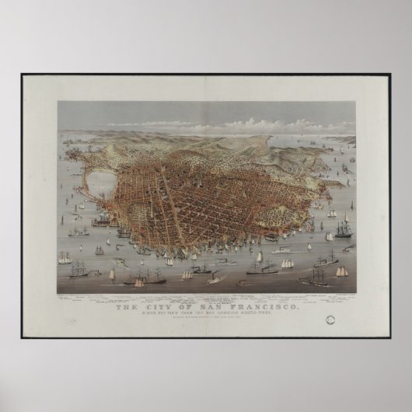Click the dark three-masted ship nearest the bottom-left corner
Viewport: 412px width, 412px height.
coord(79,270)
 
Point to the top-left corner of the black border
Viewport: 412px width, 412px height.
coord(22,75)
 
